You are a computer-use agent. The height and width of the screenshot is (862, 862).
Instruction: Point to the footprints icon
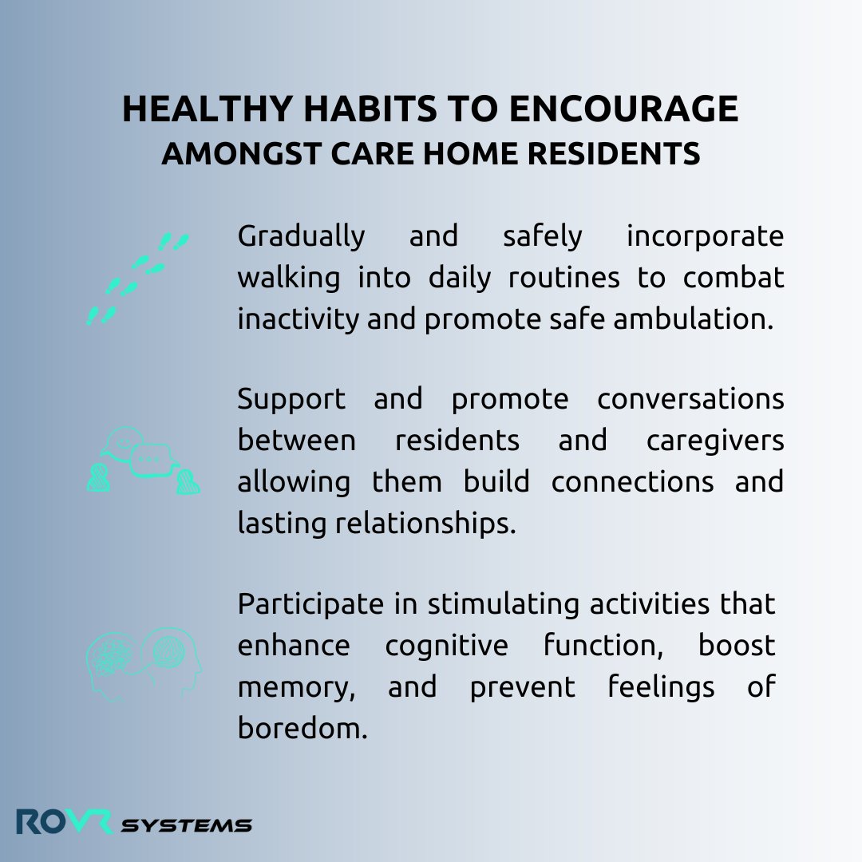(136, 279)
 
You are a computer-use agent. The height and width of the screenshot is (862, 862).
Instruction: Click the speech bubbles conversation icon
(143, 461)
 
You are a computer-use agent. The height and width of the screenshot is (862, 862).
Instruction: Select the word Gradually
(301, 237)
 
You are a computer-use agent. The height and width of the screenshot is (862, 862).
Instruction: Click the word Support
(291, 400)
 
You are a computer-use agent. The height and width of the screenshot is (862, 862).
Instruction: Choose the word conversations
(690, 400)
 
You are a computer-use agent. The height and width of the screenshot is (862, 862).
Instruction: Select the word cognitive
(446, 646)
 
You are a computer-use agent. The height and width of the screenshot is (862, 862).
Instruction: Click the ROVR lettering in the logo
(65, 822)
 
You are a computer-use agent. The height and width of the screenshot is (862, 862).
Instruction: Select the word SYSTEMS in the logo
(186, 825)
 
